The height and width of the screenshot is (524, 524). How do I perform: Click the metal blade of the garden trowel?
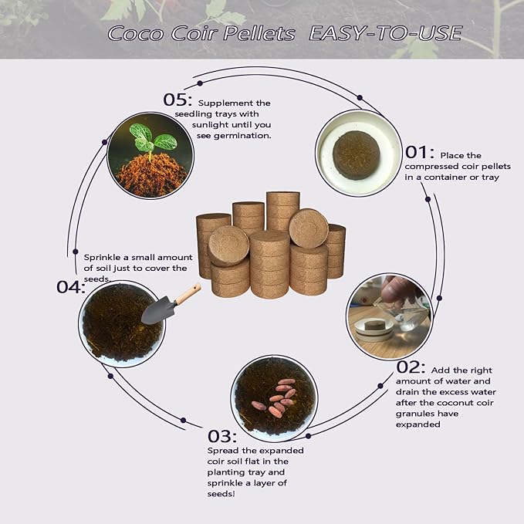click(x=156, y=311)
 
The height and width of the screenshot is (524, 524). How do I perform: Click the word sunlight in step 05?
click(x=219, y=124)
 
